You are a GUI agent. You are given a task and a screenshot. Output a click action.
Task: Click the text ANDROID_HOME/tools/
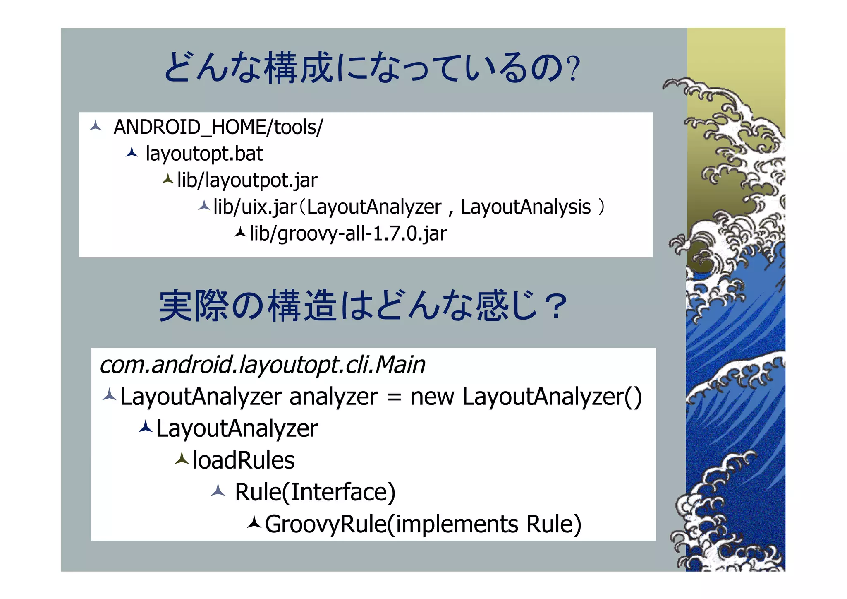[x=218, y=127]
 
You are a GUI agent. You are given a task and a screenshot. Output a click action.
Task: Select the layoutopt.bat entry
[x=204, y=154]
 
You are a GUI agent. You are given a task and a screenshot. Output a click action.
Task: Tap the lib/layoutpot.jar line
[x=247, y=180]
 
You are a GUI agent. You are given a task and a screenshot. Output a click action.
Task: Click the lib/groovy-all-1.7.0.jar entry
[x=348, y=233]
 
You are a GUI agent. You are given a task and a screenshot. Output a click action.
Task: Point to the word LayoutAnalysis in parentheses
[x=525, y=207]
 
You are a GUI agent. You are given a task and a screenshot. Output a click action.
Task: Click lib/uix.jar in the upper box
[x=255, y=207]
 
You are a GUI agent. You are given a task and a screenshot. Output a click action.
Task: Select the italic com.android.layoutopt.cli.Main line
[x=262, y=365]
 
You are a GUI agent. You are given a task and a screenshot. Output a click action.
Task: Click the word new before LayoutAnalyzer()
[x=432, y=397]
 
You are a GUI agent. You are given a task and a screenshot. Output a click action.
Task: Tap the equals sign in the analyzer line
[x=394, y=397]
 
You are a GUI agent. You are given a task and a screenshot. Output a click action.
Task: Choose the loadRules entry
[x=244, y=460]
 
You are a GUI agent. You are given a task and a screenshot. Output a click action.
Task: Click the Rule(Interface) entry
[x=315, y=492]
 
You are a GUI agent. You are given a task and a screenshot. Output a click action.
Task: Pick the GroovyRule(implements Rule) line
[x=423, y=524]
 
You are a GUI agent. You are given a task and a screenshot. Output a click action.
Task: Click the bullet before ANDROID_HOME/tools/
[x=96, y=126]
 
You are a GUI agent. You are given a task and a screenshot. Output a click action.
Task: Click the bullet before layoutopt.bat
[x=132, y=152]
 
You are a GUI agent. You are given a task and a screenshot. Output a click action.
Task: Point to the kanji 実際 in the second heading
[x=194, y=306]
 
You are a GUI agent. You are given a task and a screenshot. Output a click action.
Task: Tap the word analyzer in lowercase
[x=333, y=397]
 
